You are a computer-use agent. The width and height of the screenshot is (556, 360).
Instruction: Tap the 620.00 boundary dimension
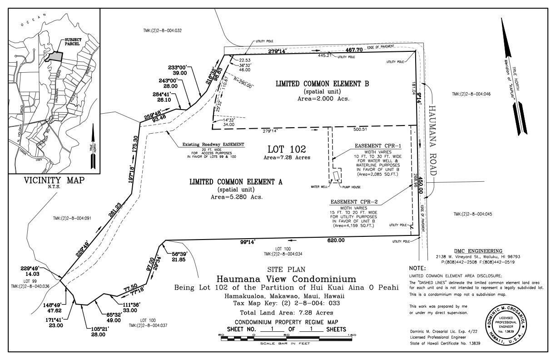[335, 240]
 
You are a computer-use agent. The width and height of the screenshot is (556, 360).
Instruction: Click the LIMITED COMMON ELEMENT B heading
[322, 84]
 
